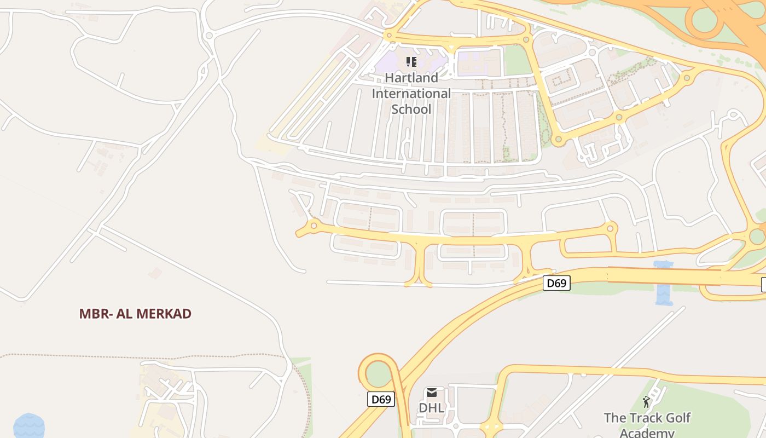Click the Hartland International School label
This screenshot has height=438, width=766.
point(411,94)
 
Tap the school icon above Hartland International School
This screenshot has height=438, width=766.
point(411,61)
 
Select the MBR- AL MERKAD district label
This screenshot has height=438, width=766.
point(135,314)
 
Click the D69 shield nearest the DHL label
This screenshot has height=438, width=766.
point(381,399)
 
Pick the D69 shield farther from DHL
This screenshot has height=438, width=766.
point(556,283)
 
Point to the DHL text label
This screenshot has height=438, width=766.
point(431,408)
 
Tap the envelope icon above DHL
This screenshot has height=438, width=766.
point(432,393)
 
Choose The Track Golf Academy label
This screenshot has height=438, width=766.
point(647,425)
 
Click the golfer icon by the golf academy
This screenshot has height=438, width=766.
point(646,402)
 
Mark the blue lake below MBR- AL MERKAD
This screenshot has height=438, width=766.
point(28,425)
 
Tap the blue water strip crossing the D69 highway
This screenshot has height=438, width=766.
point(664,284)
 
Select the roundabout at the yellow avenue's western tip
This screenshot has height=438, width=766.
point(314,225)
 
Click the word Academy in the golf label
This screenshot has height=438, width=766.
point(647,433)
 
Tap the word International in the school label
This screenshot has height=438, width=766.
point(411,94)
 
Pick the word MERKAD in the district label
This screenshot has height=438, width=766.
point(164,314)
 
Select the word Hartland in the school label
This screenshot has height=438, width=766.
point(411,78)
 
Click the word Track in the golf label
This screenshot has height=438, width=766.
point(641,418)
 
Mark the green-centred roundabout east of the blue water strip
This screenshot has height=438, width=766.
point(757,237)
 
